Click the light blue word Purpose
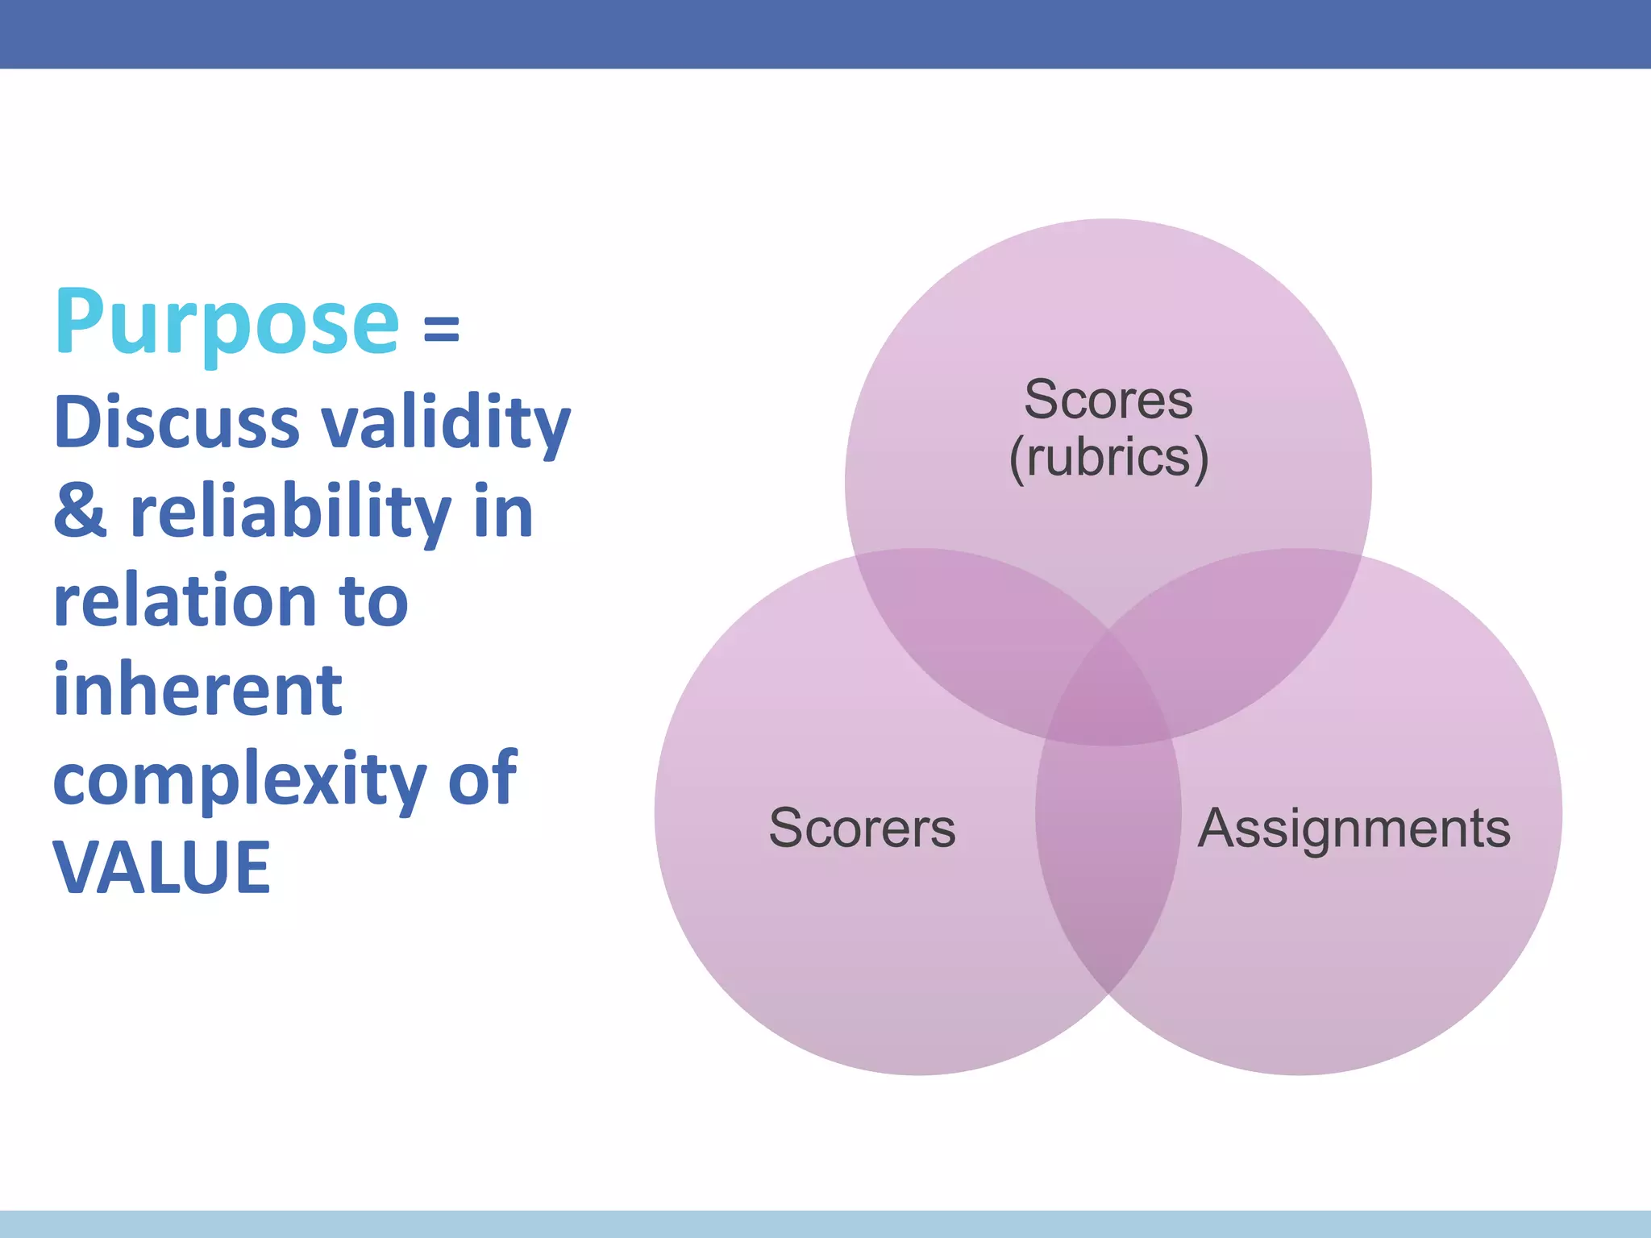click(x=227, y=324)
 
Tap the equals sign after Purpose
click(x=441, y=330)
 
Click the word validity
click(x=446, y=425)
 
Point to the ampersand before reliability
click(x=80, y=513)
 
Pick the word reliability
click(x=290, y=514)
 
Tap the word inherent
click(x=198, y=691)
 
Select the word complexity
click(x=239, y=780)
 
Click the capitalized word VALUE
click(x=161, y=868)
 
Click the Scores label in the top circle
click(x=1108, y=400)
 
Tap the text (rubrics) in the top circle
click(x=1108, y=458)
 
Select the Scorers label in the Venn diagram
click(x=862, y=828)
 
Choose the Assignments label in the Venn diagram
click(x=1354, y=828)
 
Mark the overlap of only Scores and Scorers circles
click(x=967, y=621)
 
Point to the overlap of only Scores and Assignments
click(x=1250, y=621)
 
